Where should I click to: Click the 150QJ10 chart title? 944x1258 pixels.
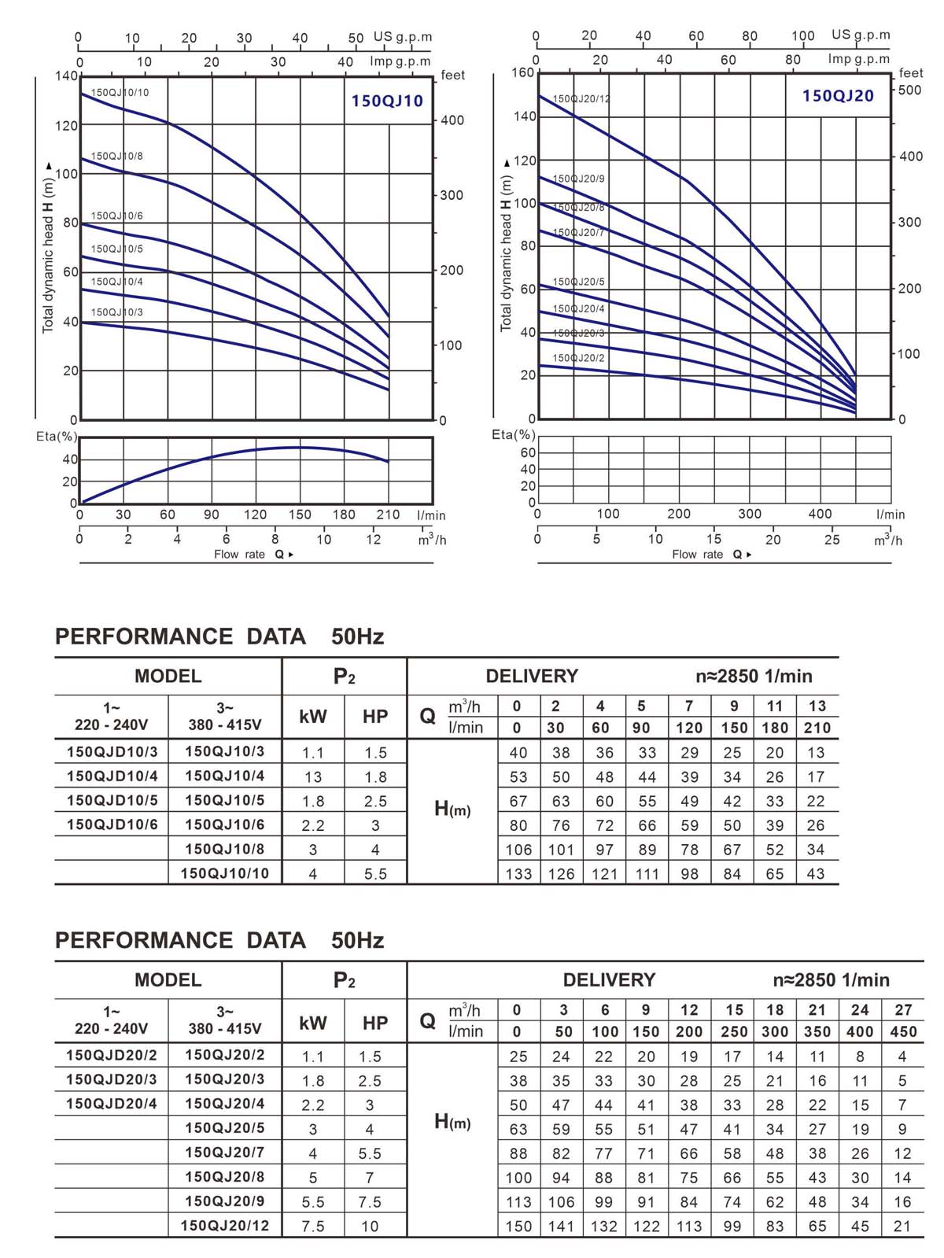pyautogui.click(x=387, y=101)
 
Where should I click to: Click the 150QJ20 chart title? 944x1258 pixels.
pyautogui.click(x=838, y=96)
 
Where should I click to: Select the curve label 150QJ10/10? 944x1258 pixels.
pyautogui.click(x=120, y=93)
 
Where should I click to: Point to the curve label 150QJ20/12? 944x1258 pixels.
pyautogui.click(x=581, y=99)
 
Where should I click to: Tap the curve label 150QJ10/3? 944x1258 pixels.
pyautogui.click(x=117, y=312)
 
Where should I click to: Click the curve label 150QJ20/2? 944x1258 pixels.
pyautogui.click(x=578, y=358)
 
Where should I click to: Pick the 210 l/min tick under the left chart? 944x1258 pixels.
pyautogui.click(x=388, y=515)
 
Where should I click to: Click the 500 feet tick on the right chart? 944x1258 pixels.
pyautogui.click(x=909, y=90)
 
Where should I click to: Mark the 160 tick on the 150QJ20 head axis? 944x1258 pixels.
pyautogui.click(x=522, y=72)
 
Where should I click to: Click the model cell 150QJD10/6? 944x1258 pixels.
pyautogui.click(x=112, y=825)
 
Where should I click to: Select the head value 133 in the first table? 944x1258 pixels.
pyautogui.click(x=518, y=873)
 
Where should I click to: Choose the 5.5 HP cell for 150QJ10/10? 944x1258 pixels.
pyautogui.click(x=375, y=873)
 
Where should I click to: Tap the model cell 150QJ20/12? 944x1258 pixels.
pyautogui.click(x=225, y=1226)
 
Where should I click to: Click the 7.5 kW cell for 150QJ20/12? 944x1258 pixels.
pyautogui.click(x=312, y=1226)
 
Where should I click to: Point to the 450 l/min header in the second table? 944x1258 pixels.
pyautogui.click(x=903, y=1031)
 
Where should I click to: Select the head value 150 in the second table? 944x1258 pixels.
pyautogui.click(x=518, y=1226)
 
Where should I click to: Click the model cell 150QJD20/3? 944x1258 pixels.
pyautogui.click(x=112, y=1079)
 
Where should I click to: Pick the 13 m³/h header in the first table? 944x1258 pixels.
pyautogui.click(x=817, y=706)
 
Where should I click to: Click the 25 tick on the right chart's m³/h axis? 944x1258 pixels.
pyautogui.click(x=832, y=540)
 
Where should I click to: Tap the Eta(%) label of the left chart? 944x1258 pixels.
pyautogui.click(x=57, y=436)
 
